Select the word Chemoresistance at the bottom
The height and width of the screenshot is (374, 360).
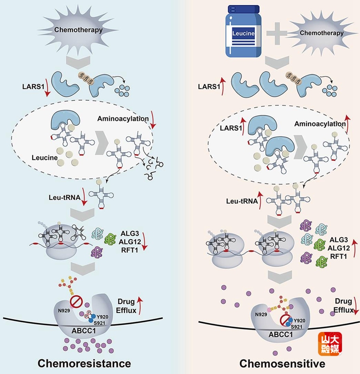click(84, 364)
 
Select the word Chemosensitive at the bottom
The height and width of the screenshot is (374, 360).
click(282, 364)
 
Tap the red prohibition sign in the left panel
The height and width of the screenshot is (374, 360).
click(76, 301)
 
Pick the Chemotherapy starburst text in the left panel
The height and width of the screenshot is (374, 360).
click(78, 30)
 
